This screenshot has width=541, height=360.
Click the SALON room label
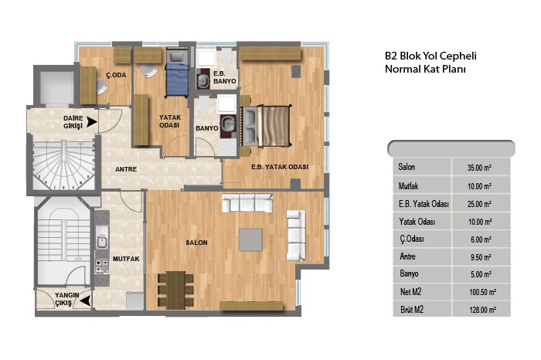pyautogui.click(x=196, y=243)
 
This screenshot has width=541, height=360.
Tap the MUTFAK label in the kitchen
pyautogui.click(x=126, y=259)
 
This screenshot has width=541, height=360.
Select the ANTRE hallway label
pyautogui.click(x=126, y=169)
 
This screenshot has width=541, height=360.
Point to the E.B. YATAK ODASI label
pyautogui.click(x=280, y=167)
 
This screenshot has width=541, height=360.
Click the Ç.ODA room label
pyautogui.click(x=116, y=75)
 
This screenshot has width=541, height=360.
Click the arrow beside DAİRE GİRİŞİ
pyautogui.click(x=92, y=122)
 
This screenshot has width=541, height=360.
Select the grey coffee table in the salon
pyautogui.click(x=251, y=239)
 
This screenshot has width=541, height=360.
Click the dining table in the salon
pyautogui.click(x=175, y=290)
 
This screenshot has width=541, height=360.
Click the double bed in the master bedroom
pyautogui.click(x=267, y=126)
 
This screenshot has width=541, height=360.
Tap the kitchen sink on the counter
pyautogui.click(x=101, y=241)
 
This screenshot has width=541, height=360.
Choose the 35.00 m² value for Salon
pyautogui.click(x=479, y=168)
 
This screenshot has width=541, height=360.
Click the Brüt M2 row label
pyautogui.click(x=412, y=310)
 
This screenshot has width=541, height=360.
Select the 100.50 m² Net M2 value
pyautogui.click(x=482, y=293)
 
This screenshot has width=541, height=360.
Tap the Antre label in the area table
pyautogui.click(x=407, y=256)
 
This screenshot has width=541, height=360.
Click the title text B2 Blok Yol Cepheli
pyautogui.click(x=430, y=56)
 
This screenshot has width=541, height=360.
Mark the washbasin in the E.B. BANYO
pyautogui.click(x=202, y=80)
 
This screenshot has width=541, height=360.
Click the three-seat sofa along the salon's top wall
pyautogui.click(x=247, y=203)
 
